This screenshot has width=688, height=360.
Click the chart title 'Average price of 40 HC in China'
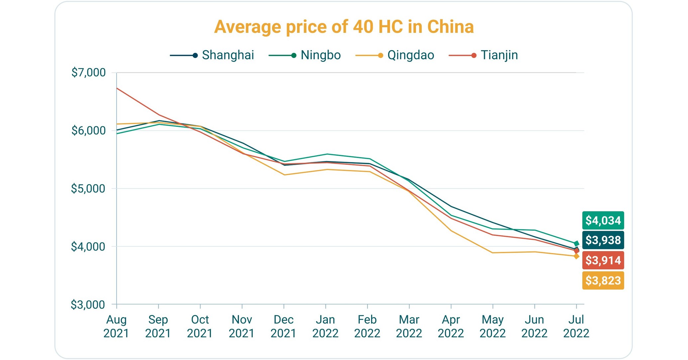point(344,27)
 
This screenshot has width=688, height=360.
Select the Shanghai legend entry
point(213,55)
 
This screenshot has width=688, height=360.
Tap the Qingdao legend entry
point(395,55)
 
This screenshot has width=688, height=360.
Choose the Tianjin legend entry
point(484,55)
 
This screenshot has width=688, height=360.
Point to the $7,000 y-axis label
point(88,72)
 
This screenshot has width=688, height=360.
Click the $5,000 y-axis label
point(88,189)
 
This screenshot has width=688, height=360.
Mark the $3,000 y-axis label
point(88,305)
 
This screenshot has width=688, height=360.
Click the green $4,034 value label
point(603,221)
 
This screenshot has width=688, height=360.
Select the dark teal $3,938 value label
point(603,240)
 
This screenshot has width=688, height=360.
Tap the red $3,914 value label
point(603,260)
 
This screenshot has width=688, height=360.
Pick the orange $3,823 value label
point(603,281)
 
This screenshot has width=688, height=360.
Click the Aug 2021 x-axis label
point(116,326)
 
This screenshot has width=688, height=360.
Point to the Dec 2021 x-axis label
point(283,326)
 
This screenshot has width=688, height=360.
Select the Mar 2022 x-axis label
point(409,326)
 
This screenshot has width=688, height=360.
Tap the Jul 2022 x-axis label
point(576,326)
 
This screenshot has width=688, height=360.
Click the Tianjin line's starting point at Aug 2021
point(117,88)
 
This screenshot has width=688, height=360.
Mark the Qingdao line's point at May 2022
point(493,253)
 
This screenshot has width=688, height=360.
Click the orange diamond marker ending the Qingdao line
point(576,256)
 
